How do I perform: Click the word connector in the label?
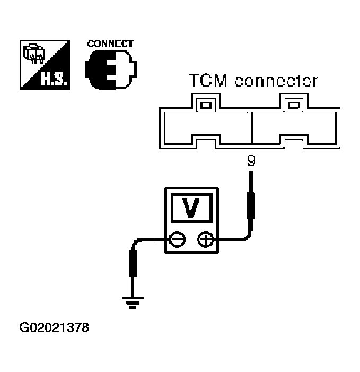click(276, 81)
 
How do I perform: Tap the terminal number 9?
click(251, 161)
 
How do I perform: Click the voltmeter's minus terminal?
click(178, 241)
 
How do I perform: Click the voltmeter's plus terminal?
click(205, 241)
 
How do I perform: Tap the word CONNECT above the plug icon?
click(110, 44)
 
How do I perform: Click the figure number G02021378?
click(54, 327)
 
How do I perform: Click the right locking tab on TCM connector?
click(293, 103)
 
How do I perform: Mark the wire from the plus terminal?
click(233, 240)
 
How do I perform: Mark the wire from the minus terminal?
click(148, 241)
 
